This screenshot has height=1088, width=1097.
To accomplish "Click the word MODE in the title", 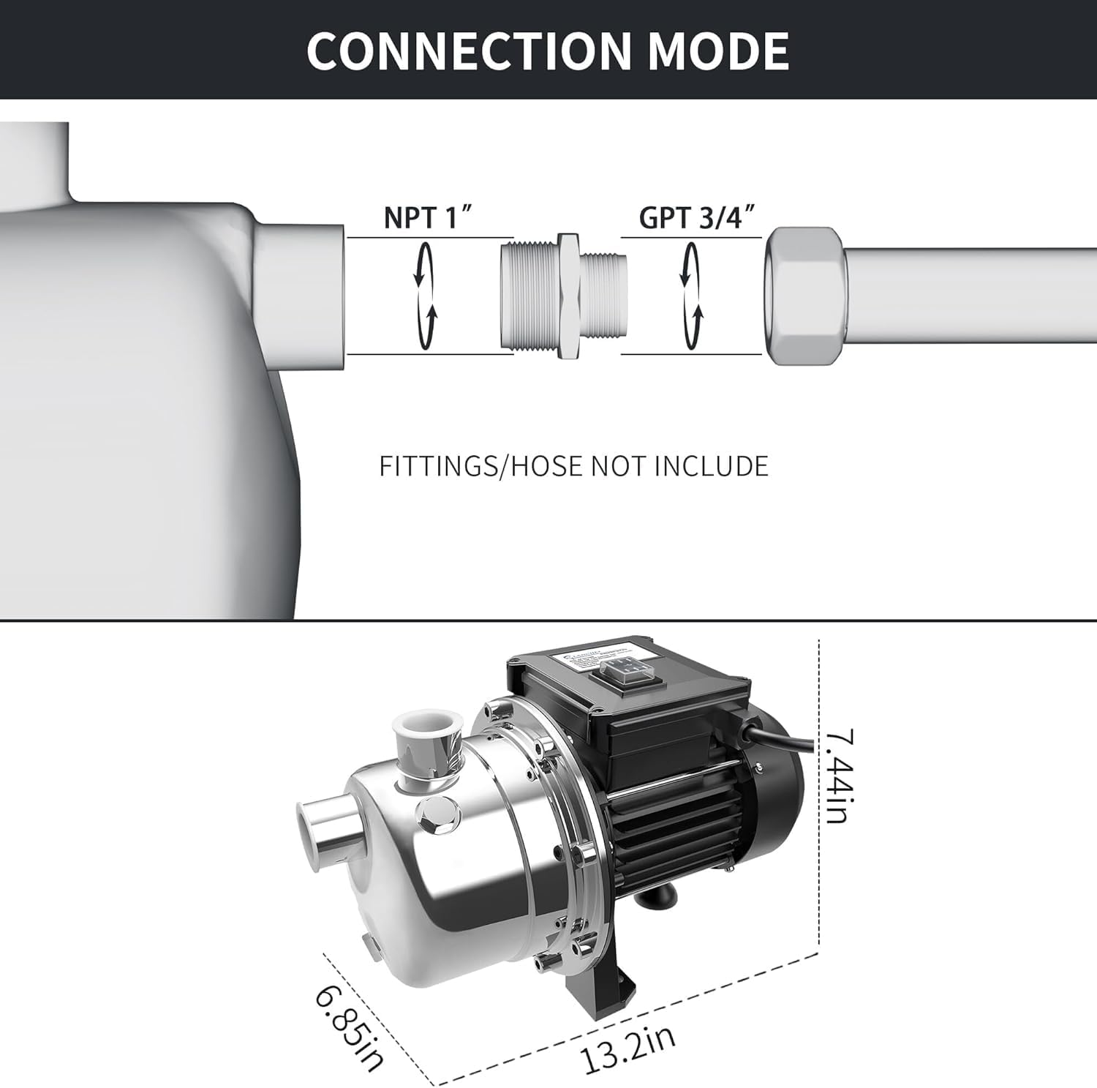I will pyautogui.click(x=718, y=50).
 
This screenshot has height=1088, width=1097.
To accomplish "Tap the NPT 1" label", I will pyautogui.click(x=429, y=217).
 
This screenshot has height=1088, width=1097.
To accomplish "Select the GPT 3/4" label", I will pyautogui.click(x=696, y=217).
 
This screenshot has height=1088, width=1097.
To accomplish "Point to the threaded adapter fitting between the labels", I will pyautogui.click(x=564, y=296).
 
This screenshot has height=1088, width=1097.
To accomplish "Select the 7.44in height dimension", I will pyautogui.click(x=839, y=776).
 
